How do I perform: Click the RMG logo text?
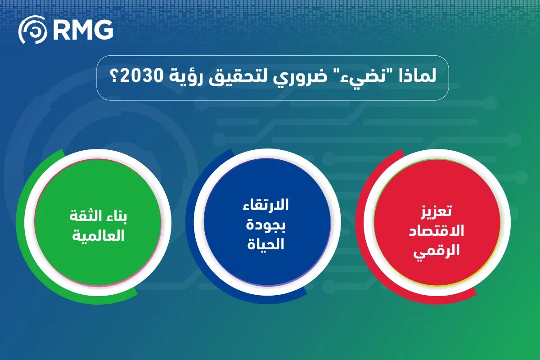82,30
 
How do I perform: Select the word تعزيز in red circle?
436,211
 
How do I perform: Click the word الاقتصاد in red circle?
436,230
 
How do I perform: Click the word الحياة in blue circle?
265,244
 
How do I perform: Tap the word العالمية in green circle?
99,235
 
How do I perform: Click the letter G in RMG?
104,30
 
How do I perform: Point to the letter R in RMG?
60,30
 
